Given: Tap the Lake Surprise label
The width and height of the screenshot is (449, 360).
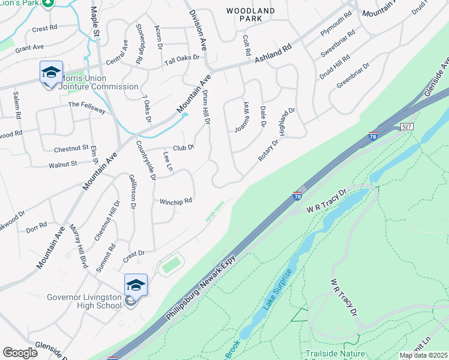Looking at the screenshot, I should [x=277, y=289].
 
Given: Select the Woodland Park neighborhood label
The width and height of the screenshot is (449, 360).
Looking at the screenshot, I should [x=250, y=15].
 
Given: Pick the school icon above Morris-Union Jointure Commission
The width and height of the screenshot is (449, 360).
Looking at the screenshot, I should [x=51, y=73].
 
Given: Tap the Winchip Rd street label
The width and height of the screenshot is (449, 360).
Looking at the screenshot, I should [x=175, y=201].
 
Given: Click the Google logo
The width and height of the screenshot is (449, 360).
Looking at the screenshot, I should [x=20, y=353].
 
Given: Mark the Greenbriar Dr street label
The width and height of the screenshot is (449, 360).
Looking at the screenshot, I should [x=352, y=74].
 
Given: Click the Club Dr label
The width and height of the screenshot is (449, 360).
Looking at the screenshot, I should [x=184, y=147].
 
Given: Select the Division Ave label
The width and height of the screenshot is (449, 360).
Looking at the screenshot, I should [x=197, y=29].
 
